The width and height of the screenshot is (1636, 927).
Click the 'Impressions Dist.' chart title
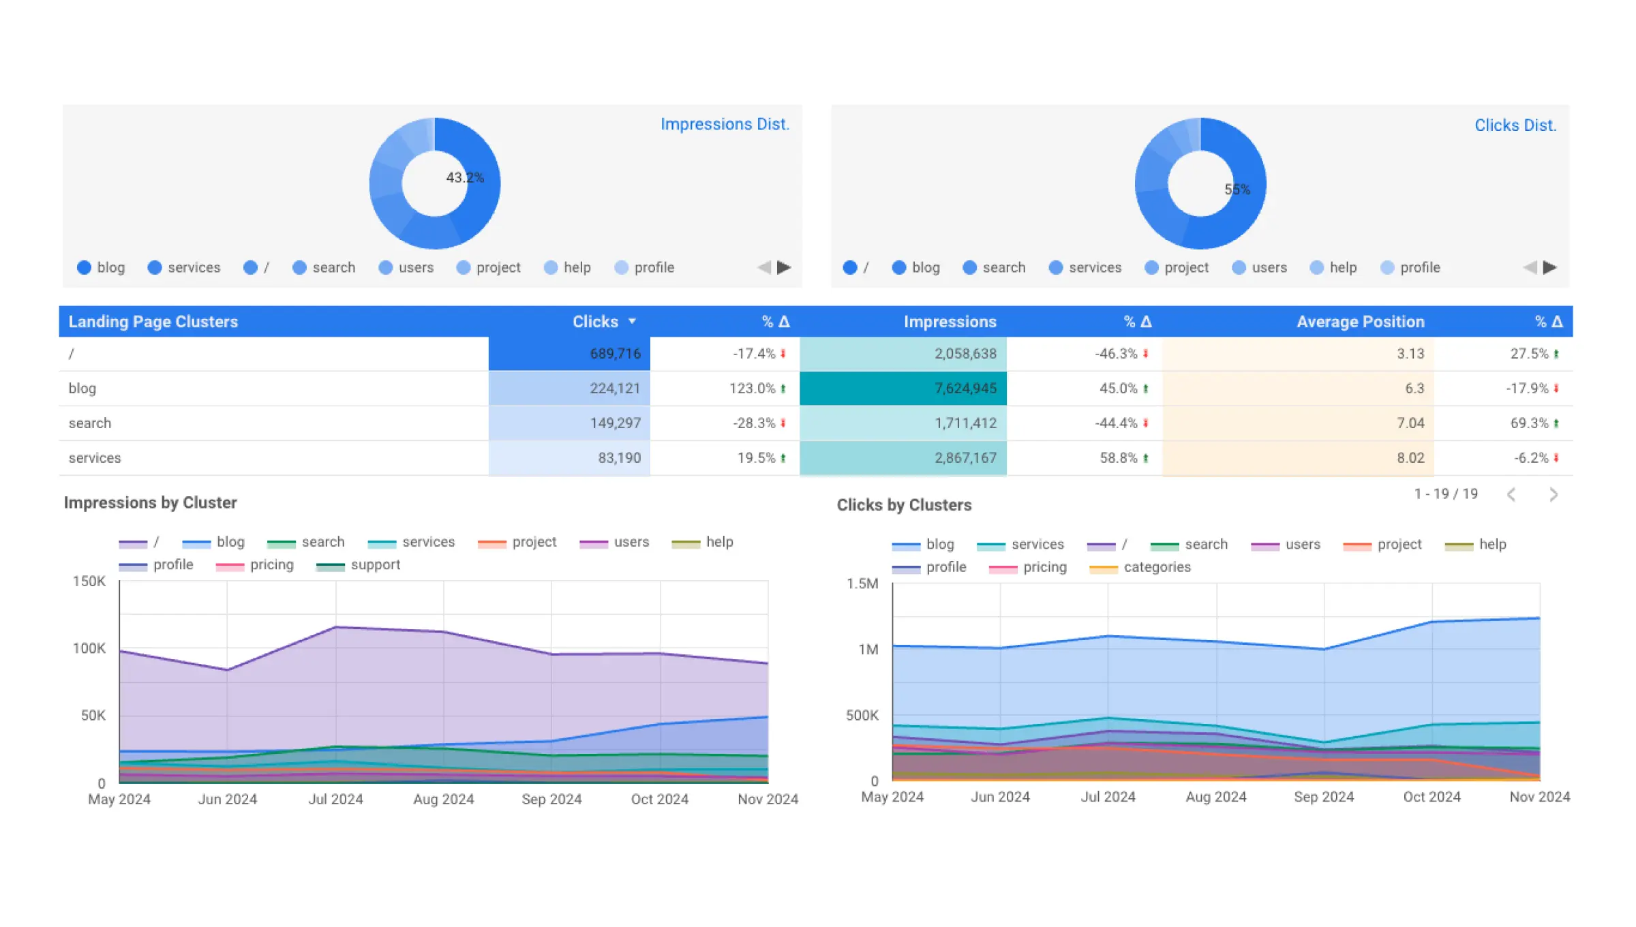click(x=725, y=124)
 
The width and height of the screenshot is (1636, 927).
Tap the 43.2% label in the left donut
click(x=465, y=177)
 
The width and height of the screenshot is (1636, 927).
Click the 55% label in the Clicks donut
click(x=1237, y=189)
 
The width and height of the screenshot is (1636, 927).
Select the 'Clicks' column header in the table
click(x=595, y=322)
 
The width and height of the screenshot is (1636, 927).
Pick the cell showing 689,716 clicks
click(x=614, y=354)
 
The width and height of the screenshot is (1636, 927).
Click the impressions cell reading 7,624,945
click(x=965, y=389)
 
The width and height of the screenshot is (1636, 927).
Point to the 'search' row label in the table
click(x=90, y=423)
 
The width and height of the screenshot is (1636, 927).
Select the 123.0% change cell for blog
click(x=753, y=389)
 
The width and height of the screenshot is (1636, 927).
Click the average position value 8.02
click(x=1410, y=458)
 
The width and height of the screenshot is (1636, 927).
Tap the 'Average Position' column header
click(x=1360, y=322)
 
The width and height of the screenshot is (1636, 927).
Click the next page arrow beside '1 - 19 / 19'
click(x=1553, y=494)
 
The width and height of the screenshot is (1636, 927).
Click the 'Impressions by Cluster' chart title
click(x=151, y=503)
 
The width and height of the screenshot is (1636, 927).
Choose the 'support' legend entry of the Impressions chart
click(x=374, y=565)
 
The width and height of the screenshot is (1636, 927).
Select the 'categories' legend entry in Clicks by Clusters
click(x=1156, y=567)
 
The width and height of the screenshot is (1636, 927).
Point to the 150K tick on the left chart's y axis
click(x=89, y=581)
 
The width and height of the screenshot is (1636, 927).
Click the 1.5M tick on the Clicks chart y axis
click(x=862, y=583)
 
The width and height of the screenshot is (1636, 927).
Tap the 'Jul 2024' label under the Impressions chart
click(x=335, y=799)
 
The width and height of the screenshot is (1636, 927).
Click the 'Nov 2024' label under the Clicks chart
click(x=1539, y=797)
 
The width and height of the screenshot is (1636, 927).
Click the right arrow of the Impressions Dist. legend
click(x=784, y=267)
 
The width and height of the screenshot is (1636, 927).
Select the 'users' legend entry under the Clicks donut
click(x=1269, y=267)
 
